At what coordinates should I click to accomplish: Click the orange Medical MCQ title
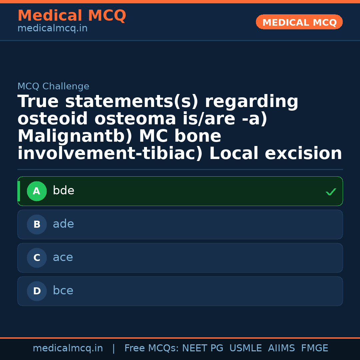tap(72, 16)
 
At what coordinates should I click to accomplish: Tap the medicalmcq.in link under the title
tap(52, 29)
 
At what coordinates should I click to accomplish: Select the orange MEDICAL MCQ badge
tap(299, 22)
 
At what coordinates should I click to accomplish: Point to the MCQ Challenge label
tap(53, 87)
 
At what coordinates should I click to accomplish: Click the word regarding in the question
tap(252, 102)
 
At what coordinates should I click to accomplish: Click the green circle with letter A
tap(37, 191)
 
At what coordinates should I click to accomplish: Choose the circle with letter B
tap(37, 225)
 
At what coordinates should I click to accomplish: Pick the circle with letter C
tap(37, 258)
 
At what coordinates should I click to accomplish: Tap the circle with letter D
tap(37, 291)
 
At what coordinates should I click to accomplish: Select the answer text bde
tap(63, 191)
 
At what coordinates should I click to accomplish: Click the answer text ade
tap(63, 224)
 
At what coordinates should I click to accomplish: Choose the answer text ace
tap(63, 258)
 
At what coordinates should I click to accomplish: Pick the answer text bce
tap(63, 291)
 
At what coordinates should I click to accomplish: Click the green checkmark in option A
tap(331, 192)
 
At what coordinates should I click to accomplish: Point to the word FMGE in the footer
tap(314, 348)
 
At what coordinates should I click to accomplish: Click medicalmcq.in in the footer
tap(68, 348)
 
